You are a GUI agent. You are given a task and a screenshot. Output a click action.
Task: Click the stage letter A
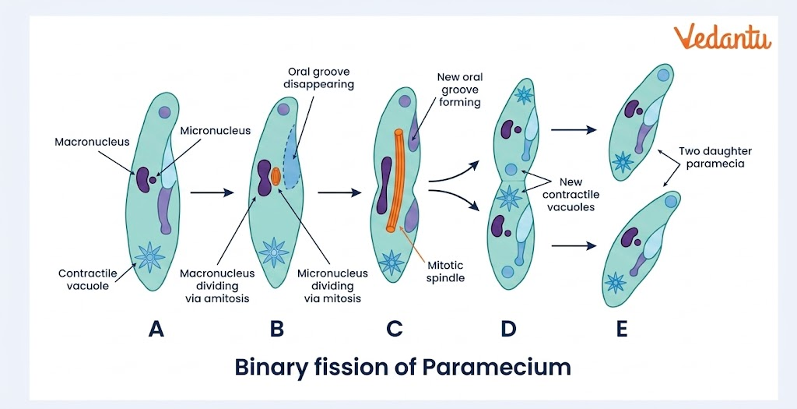(x=156, y=330)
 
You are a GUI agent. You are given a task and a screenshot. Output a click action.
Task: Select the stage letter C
(x=394, y=330)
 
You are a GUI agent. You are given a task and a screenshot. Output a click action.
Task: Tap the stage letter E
(x=621, y=330)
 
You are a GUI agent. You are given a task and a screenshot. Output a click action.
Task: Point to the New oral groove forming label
(x=460, y=90)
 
